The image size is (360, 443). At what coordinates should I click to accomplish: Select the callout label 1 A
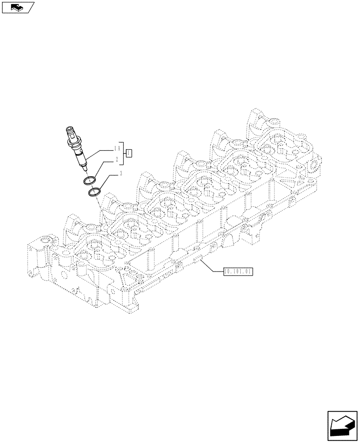117,148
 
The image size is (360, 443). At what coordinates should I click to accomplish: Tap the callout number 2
117,159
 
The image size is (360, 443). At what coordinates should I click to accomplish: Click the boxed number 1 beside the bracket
129,153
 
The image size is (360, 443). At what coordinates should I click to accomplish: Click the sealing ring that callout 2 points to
89,180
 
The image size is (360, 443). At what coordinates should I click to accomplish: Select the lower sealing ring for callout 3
94,193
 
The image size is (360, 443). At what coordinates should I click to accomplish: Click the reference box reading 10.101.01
238,270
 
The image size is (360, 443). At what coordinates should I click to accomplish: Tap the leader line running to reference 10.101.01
211,266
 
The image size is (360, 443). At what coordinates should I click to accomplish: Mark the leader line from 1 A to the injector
99,152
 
